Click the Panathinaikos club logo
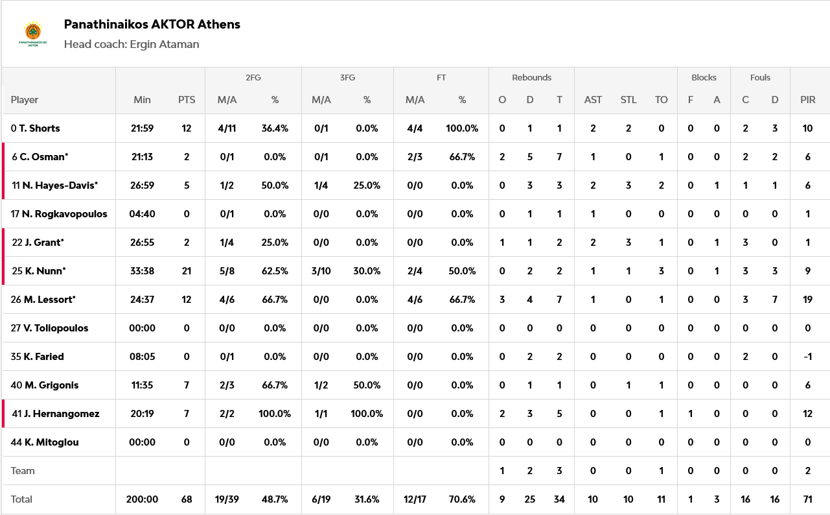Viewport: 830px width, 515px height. click(x=32, y=34)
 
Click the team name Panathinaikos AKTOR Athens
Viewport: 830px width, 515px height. click(x=152, y=25)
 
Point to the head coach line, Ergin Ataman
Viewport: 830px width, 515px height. click(x=132, y=45)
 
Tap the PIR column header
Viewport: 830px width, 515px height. click(x=807, y=100)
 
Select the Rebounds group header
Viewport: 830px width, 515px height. click(x=531, y=78)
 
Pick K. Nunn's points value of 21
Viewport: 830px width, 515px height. click(x=187, y=271)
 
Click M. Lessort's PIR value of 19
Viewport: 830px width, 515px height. click(x=807, y=300)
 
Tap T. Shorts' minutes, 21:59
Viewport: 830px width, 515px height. click(x=142, y=128)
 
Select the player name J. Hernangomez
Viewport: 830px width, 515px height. click(x=62, y=414)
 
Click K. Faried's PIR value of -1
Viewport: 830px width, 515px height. click(x=807, y=357)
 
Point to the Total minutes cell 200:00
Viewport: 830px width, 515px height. click(x=142, y=499)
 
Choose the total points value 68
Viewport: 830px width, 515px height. click(x=187, y=499)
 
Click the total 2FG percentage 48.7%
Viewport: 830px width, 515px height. click(x=275, y=499)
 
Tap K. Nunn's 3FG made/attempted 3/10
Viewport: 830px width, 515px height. click(x=321, y=271)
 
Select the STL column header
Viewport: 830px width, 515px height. click(x=628, y=100)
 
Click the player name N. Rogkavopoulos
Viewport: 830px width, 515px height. click(x=64, y=214)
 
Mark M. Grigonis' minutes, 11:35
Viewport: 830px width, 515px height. click(x=142, y=385)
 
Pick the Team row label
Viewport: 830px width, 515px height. click(x=23, y=471)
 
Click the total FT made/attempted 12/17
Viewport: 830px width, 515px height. click(x=415, y=499)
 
